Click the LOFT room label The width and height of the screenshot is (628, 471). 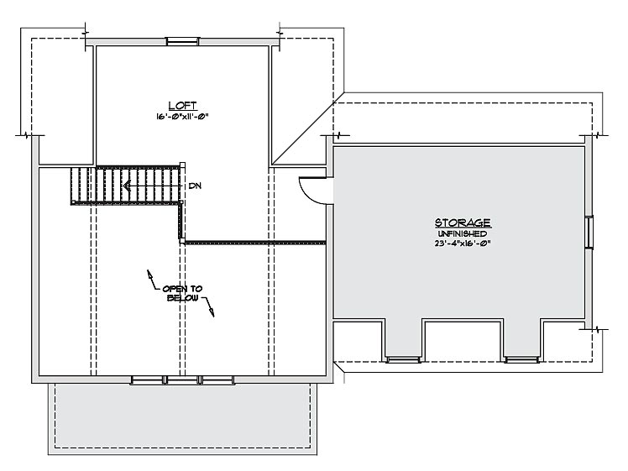click(183, 105)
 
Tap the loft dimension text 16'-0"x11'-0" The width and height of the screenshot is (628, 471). click(183, 117)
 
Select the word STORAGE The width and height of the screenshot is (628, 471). click(463, 222)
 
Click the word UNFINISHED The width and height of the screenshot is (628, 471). click(463, 234)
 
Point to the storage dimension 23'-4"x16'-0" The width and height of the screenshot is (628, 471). click(463, 243)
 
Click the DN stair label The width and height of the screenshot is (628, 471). click(195, 186)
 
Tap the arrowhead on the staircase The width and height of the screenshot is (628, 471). click(127, 186)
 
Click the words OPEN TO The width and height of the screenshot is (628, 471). click(182, 289)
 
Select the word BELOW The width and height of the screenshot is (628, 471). click(182, 298)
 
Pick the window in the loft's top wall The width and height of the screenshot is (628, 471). click(183, 41)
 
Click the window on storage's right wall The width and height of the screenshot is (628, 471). click(589, 232)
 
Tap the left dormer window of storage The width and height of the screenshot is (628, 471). click(403, 359)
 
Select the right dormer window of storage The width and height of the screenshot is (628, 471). click(522, 359)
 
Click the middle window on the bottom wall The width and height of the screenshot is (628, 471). click(183, 379)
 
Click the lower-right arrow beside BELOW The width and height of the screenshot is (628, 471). click(209, 306)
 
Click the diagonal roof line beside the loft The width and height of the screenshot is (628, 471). click(307, 128)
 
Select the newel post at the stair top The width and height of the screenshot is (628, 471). click(183, 166)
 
